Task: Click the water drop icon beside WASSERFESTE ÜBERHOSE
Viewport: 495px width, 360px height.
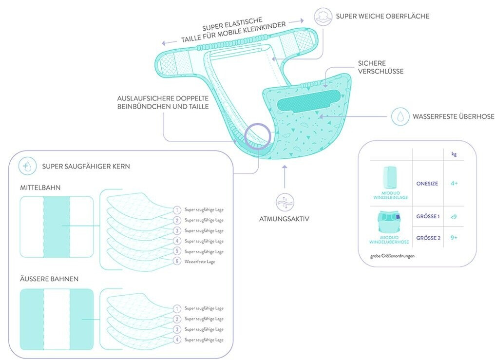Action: tap(400, 116)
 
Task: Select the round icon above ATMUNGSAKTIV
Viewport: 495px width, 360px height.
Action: tap(284, 201)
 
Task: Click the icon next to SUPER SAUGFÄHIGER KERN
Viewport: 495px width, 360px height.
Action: tap(27, 166)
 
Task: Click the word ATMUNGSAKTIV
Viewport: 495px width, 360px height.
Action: tap(284, 219)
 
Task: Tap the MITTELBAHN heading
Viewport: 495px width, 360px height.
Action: tap(40, 187)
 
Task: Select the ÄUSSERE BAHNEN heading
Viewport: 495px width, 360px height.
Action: tap(49, 279)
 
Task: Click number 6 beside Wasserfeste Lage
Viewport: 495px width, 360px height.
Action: tap(177, 262)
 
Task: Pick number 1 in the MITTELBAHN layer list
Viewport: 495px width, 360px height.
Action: tap(177, 210)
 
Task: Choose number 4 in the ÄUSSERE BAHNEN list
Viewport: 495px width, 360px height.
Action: tap(177, 340)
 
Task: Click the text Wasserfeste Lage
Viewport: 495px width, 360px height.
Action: tap(200, 262)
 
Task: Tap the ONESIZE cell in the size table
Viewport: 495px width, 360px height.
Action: tap(427, 184)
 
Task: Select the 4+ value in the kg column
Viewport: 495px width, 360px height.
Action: tap(454, 184)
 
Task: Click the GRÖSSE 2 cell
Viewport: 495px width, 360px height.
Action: tap(428, 238)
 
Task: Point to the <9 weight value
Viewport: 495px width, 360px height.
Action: tap(454, 216)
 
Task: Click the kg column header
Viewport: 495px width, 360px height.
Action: tap(454, 154)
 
